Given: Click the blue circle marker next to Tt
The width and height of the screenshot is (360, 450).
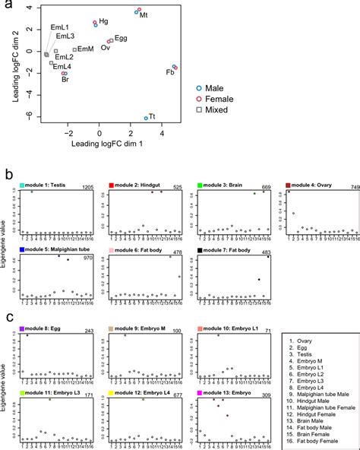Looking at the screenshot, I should tap(146, 119).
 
